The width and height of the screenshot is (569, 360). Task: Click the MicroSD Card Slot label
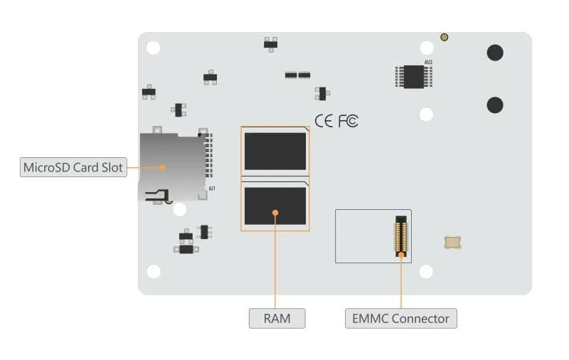click(73, 168)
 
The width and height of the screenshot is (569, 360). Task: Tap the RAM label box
click(277, 318)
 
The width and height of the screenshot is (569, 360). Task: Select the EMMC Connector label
click(400, 318)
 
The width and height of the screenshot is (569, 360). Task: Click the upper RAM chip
click(275, 151)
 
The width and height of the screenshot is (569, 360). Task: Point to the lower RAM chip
click(275, 206)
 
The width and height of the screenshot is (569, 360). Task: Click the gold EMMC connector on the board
click(401, 235)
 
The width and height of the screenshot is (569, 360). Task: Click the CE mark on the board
click(324, 121)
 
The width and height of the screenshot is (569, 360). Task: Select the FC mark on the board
click(348, 121)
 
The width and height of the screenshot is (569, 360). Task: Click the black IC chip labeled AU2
click(414, 76)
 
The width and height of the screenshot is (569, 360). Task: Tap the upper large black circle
click(495, 53)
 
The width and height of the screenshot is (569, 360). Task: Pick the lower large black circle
click(495, 105)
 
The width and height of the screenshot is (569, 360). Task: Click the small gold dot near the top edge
click(444, 37)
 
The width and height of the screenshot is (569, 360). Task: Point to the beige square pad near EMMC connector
click(452, 242)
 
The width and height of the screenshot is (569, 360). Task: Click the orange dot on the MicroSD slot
click(163, 168)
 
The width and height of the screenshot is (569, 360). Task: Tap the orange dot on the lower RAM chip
click(275, 211)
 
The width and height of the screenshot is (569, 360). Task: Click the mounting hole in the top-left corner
click(154, 48)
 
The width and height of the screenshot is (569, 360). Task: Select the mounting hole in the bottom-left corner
click(154, 272)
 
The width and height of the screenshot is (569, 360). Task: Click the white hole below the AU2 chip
click(427, 114)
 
